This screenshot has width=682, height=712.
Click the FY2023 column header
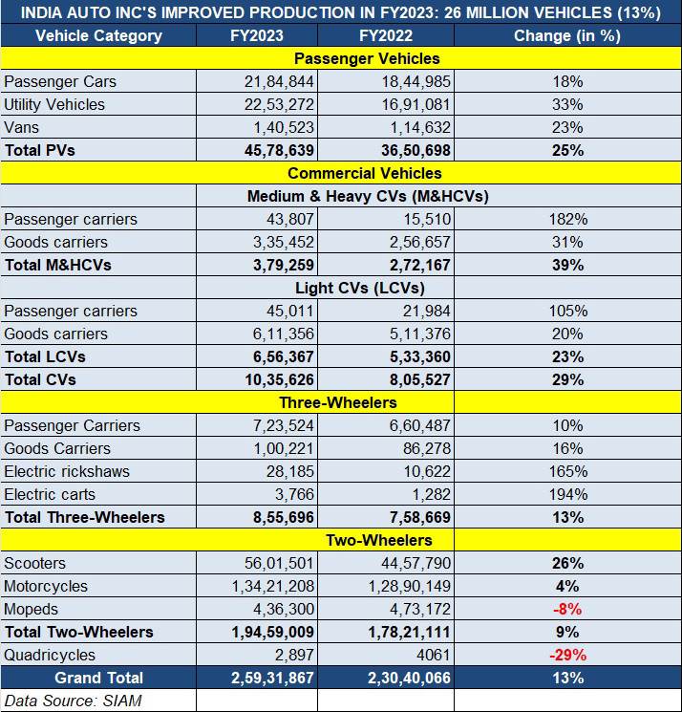[x=257, y=35]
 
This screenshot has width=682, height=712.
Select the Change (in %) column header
[x=567, y=35]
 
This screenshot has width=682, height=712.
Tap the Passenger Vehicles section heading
[x=367, y=58]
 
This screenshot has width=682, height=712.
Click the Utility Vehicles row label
[x=54, y=104]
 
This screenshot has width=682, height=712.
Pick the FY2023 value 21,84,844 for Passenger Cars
[x=279, y=82]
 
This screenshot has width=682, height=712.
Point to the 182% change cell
[x=568, y=219]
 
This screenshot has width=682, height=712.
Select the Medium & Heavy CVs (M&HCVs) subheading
[x=368, y=196]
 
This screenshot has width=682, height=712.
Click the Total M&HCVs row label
[x=58, y=265]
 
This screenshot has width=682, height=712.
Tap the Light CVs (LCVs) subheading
[x=360, y=288]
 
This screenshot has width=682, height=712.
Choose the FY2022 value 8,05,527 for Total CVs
[x=420, y=379]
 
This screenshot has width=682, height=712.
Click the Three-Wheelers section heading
[x=338, y=402]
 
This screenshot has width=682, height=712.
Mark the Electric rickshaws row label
[x=67, y=471]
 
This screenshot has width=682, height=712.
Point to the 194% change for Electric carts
[x=568, y=494]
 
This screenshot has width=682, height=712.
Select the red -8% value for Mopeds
[x=567, y=609]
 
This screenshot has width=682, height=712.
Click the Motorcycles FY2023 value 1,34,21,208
[x=273, y=586]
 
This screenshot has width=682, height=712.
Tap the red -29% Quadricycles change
[x=567, y=655]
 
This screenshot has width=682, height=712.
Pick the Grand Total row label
[x=99, y=678]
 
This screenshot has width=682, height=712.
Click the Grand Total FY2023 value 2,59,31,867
[x=272, y=678]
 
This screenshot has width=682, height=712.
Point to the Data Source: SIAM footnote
[x=73, y=701]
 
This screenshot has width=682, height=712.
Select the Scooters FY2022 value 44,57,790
[x=416, y=563]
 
